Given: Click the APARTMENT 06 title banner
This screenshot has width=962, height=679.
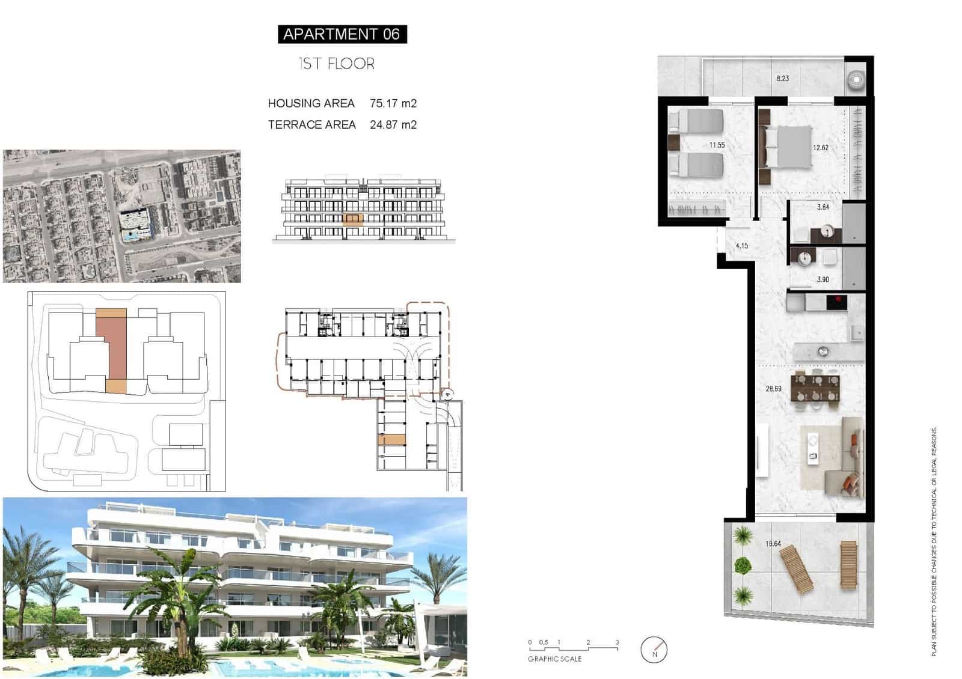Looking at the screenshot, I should tap(342, 34).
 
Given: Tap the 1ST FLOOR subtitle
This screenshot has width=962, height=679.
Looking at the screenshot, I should tap(337, 64).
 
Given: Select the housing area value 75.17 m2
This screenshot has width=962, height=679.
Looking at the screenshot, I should tap(393, 103).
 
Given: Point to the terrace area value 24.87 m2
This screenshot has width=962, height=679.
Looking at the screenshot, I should tap(393, 125).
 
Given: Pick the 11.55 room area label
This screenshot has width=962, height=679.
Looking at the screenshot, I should tap(717, 145).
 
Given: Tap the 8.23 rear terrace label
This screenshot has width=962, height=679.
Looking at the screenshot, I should tap(782, 79).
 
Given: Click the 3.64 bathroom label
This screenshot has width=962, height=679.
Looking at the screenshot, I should tap(823, 207).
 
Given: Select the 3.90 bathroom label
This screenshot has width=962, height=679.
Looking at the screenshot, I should tap(823, 279).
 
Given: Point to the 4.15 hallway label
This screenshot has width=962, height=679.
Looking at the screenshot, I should tap(742, 246).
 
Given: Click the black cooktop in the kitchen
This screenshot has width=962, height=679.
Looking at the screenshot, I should tap(836, 302).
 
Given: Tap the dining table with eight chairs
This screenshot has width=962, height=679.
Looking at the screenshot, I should tap(815, 387).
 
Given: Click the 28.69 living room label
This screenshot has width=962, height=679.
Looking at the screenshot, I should tap(773, 389).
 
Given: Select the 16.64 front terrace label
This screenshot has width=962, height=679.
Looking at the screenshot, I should tap(773, 544).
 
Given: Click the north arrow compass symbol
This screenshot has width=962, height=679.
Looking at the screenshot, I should tap(654, 650).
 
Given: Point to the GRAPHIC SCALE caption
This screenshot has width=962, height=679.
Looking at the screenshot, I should tap(554, 659).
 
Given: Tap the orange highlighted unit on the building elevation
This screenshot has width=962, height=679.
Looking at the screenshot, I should tap(353, 219).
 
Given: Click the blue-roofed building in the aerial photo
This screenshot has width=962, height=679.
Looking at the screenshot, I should tap(135, 224).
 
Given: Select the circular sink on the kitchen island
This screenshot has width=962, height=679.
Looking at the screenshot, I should tap(823, 351).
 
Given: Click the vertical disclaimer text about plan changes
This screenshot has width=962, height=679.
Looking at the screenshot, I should tap(934, 541).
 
